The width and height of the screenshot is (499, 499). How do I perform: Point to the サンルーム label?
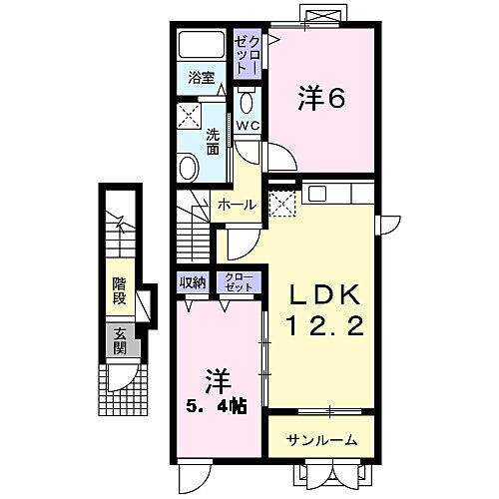pyautogui.click(x=316, y=440)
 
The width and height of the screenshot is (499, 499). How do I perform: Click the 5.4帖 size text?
pyautogui.click(x=218, y=407)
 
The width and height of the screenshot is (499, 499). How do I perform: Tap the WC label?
pyautogui.click(x=247, y=126)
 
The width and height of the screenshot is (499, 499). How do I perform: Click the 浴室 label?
pyautogui.click(x=200, y=77)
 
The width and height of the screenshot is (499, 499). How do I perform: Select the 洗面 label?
pyautogui.click(x=213, y=141)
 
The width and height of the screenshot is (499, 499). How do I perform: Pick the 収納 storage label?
pyautogui.click(x=193, y=282)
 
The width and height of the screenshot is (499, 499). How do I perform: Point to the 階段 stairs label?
pyautogui.click(x=119, y=289)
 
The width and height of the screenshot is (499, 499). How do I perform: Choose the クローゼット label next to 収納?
pyautogui.click(x=238, y=282)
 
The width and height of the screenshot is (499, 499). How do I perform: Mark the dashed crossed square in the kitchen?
pyautogui.click(x=280, y=204)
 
